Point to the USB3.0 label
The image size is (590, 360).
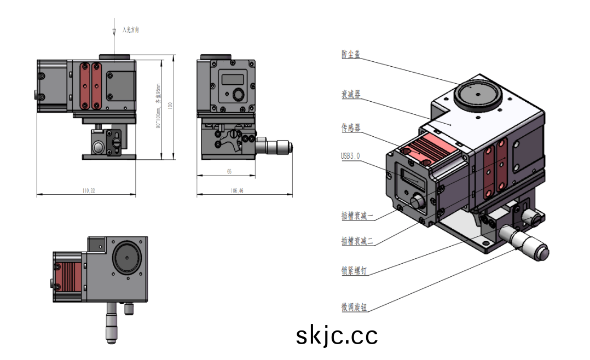click(x=350, y=156)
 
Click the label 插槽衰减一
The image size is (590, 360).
click(x=357, y=216)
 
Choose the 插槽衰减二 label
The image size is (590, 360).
click(x=357, y=241)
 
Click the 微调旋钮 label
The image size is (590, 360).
click(x=354, y=307)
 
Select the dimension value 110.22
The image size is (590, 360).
click(x=88, y=191)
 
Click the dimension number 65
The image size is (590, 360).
click(x=229, y=172)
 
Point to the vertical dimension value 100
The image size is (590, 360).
click(x=170, y=105)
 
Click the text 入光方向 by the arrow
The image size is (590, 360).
click(x=131, y=30)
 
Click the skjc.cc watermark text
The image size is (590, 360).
click(x=337, y=335)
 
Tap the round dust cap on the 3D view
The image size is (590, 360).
click(x=477, y=95)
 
